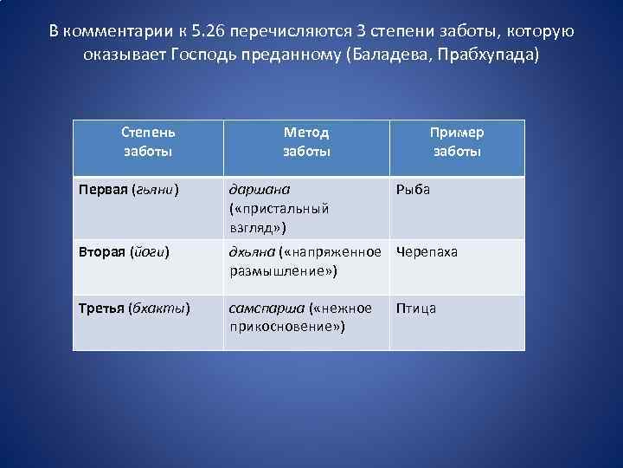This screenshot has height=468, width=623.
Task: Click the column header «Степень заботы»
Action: point(148,141)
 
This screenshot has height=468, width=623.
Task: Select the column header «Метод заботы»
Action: point(306,141)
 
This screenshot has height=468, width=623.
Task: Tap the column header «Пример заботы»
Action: point(457,141)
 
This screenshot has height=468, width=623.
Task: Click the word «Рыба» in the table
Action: point(413,190)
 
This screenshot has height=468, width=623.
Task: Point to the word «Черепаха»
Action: point(427,252)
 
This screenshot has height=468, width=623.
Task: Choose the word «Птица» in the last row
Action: point(416,308)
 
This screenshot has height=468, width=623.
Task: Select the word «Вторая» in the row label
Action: point(102,252)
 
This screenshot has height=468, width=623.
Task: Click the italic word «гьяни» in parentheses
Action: point(154,190)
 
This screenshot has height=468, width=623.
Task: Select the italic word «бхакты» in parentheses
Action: point(159,308)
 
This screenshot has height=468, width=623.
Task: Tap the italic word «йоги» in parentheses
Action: point(149,252)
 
